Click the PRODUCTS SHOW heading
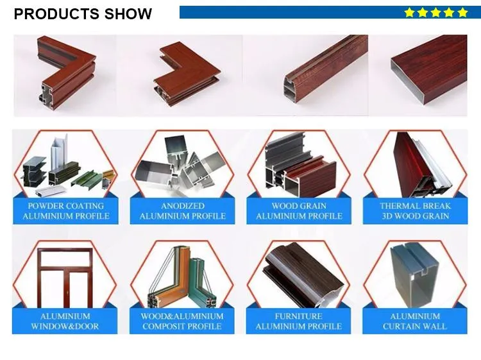tap(83, 13)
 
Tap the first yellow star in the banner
tap(410, 12)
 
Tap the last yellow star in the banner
tap(462, 12)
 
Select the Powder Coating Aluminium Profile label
tap(66, 211)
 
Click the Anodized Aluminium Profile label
tap(183, 211)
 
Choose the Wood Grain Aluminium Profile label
tap(299, 211)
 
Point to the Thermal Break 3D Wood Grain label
tap(415, 211)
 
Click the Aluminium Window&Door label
tap(65, 321)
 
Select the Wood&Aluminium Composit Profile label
tap(183, 321)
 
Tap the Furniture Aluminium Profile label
tap(299, 321)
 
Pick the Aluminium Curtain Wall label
tap(415, 321)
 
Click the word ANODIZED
tap(183, 206)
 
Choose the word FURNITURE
tap(299, 316)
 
